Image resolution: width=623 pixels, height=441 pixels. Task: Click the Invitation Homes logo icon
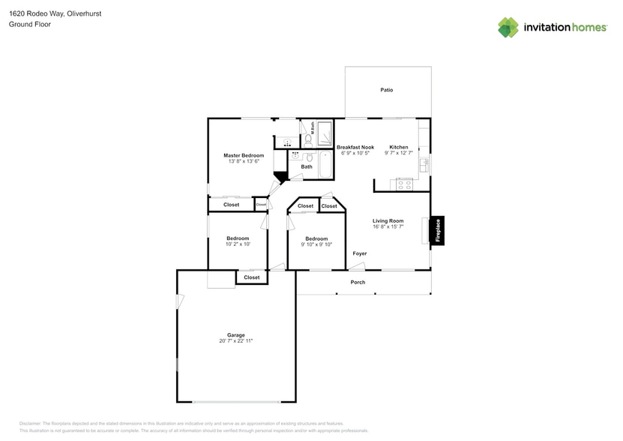pos(508,28)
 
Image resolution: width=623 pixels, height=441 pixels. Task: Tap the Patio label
pos(386,90)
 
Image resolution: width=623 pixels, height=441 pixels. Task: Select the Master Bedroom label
pos(244,155)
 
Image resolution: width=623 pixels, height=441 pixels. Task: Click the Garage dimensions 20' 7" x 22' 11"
pos(236,341)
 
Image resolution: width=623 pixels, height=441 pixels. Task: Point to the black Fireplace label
pos(438,230)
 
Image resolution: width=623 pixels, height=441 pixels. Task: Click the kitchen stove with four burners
pos(404,184)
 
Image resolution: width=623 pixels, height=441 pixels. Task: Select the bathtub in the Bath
pos(326,165)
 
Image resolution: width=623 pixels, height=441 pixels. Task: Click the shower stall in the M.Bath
pos(325,134)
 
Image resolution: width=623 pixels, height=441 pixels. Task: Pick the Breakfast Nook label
pos(355,147)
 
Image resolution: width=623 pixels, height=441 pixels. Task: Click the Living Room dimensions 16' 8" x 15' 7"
pos(388,226)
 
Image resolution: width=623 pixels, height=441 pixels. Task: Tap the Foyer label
pos(360,253)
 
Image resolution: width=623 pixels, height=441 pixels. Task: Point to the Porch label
pos(358,282)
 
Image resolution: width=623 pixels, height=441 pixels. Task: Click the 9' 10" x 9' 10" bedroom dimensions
pos(316,244)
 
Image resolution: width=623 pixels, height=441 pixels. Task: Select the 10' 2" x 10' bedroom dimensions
pos(238,244)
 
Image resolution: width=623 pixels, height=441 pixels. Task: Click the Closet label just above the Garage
pos(252,277)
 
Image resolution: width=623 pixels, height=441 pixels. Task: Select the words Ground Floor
pos(25,24)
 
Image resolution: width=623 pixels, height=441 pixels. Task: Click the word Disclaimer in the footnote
pos(30,424)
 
